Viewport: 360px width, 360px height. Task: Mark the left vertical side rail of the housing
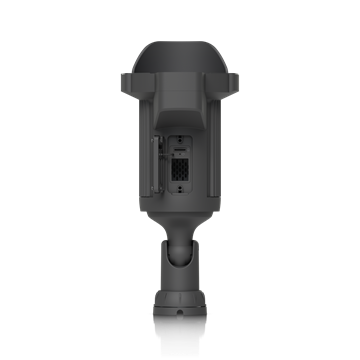tap(139, 160)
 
